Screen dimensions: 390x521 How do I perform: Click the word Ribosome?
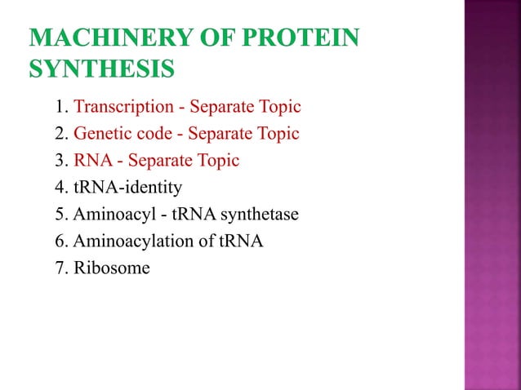(112, 268)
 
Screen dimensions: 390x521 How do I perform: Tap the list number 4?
(60, 188)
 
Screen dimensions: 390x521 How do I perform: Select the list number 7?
(60, 268)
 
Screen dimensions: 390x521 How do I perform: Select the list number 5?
(60, 215)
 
